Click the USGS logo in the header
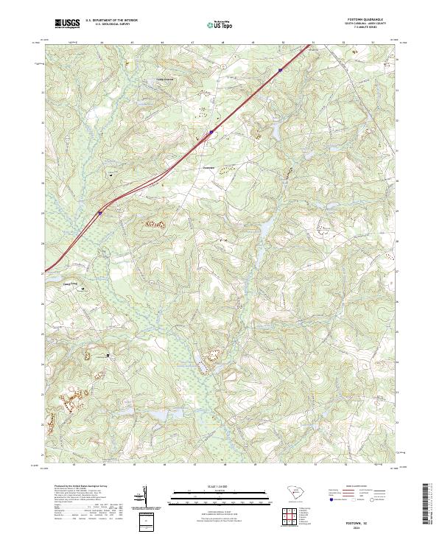(67, 24)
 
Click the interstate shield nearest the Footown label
(211, 133)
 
